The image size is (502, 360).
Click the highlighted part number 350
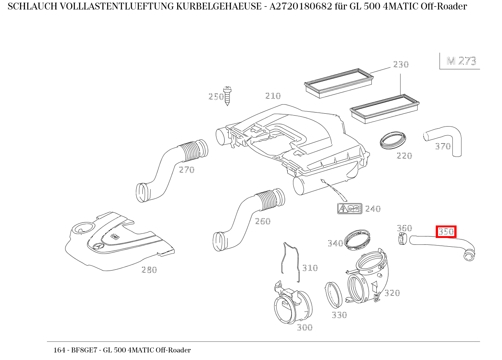[x=446, y=232]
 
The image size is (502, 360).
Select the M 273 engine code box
[x=461, y=61]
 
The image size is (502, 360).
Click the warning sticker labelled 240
[x=349, y=208]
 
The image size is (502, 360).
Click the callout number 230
[x=401, y=64]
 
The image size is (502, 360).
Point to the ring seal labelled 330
[x=334, y=295]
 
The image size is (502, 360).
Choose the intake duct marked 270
[x=170, y=167]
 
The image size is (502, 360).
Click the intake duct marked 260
[x=246, y=216]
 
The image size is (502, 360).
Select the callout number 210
[x=273, y=96]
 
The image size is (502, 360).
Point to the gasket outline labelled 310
[x=290, y=261]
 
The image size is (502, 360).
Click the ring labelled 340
[x=357, y=240]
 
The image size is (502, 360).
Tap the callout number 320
[x=392, y=293]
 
